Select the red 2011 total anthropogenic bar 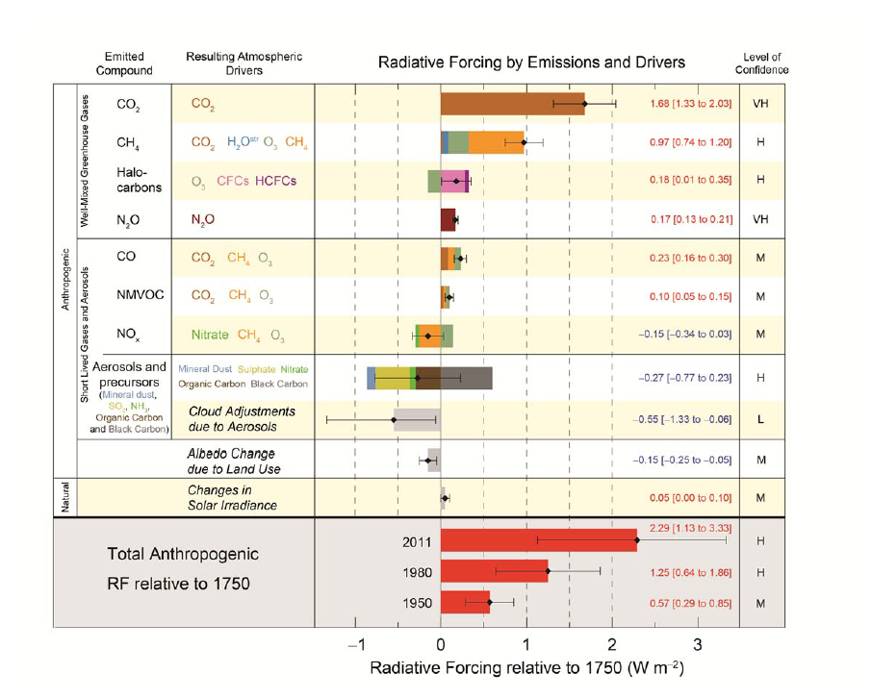pyautogui.click(x=538, y=542)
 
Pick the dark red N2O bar pyautogui.click(x=448, y=220)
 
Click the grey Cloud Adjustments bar pyautogui.click(x=416, y=420)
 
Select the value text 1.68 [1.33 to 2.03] pyautogui.click(x=691, y=104)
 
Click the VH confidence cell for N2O pyautogui.click(x=760, y=219)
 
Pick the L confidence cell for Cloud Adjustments pyautogui.click(x=760, y=421)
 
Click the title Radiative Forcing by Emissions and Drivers pyautogui.click(x=531, y=62)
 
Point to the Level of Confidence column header pyautogui.click(x=760, y=63)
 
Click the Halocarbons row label pyautogui.click(x=133, y=180)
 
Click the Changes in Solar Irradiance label pyautogui.click(x=232, y=497)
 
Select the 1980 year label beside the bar pyautogui.click(x=416, y=572)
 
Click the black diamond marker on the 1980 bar pyautogui.click(x=548, y=572)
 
